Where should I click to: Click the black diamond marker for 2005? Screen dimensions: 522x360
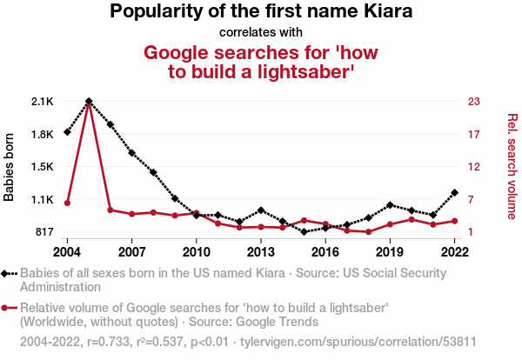pos(89,101)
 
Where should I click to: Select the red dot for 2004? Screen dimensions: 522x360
pos(67,203)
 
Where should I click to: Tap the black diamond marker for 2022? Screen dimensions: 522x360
pos(454,193)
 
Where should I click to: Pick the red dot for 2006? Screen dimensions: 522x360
pos(110,210)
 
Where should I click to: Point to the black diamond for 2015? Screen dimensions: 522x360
pos(304,231)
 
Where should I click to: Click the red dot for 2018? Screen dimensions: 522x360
pos(368,231)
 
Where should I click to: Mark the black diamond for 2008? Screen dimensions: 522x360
pos(153,172)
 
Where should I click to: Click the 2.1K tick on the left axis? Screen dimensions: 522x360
pos(43,102)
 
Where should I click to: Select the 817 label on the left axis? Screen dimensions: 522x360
pos(44,231)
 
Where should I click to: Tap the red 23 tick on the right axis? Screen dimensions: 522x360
pos(474,102)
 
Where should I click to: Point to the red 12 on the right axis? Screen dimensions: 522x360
pos(474,167)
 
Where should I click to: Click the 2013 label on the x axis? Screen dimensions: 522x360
pos(261,252)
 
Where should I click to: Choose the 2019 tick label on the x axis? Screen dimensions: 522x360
pos(390,252)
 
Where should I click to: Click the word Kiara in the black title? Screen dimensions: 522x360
pos(388,11)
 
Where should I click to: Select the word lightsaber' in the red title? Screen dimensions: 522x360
pos(305,71)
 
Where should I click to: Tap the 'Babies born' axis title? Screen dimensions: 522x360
pos(9,167)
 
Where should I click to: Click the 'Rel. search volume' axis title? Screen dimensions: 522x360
pos(512,166)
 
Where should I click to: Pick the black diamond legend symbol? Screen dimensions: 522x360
pos(9,274)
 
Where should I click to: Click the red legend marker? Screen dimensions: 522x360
pos(9,308)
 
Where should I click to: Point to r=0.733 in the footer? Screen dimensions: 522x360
pos(108,342)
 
